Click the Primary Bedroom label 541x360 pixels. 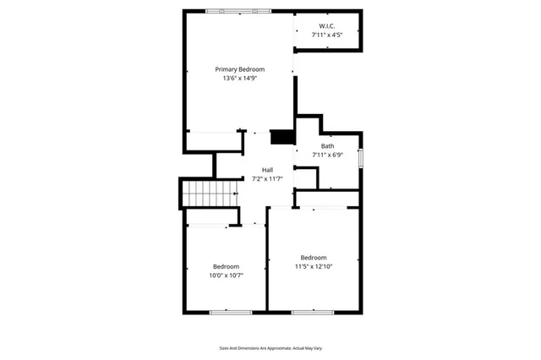(x=239, y=69)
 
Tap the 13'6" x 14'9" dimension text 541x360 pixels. (x=239, y=78)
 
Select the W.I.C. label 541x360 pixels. (x=326, y=26)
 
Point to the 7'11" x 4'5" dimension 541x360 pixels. (x=326, y=35)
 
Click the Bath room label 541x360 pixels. (x=327, y=146)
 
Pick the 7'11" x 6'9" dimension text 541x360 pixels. (x=327, y=155)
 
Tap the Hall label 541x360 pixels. (x=267, y=170)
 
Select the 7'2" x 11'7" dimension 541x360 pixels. (x=267, y=178)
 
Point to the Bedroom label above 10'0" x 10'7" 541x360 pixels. (x=226, y=266)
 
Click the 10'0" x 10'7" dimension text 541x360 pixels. (x=226, y=275)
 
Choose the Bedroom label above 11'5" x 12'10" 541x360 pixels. (x=314, y=258)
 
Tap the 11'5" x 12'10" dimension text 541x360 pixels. (x=314, y=266)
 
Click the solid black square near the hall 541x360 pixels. (x=281, y=137)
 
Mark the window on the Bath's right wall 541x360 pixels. (x=361, y=158)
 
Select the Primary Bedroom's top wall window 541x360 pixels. (x=240, y=11)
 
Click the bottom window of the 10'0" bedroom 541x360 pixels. (x=230, y=313)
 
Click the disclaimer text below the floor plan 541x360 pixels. (x=270, y=348)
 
